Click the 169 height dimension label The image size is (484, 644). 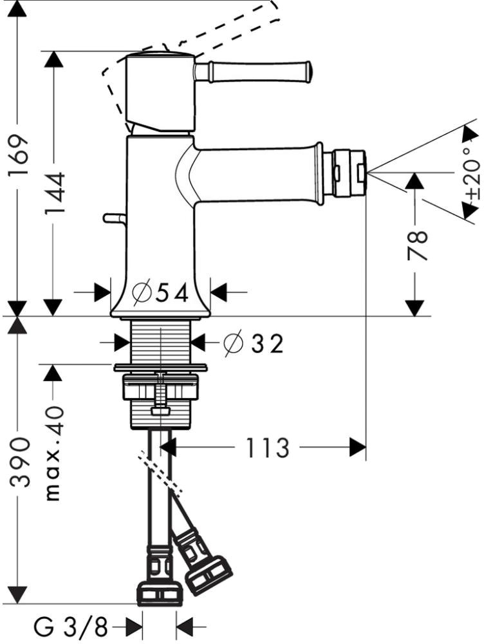tap(20, 155)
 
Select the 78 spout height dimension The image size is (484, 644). tap(417, 245)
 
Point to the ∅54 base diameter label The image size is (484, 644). tap(160, 294)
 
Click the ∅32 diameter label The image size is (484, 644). tap(254, 343)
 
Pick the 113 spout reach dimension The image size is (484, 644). tap(268, 448)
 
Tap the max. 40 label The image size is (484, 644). tap(55, 453)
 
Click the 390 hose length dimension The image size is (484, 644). tap(20, 462)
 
